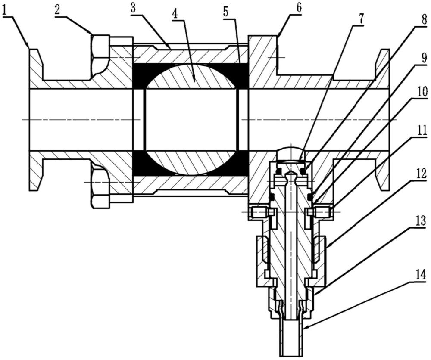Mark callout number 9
(424, 58)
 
